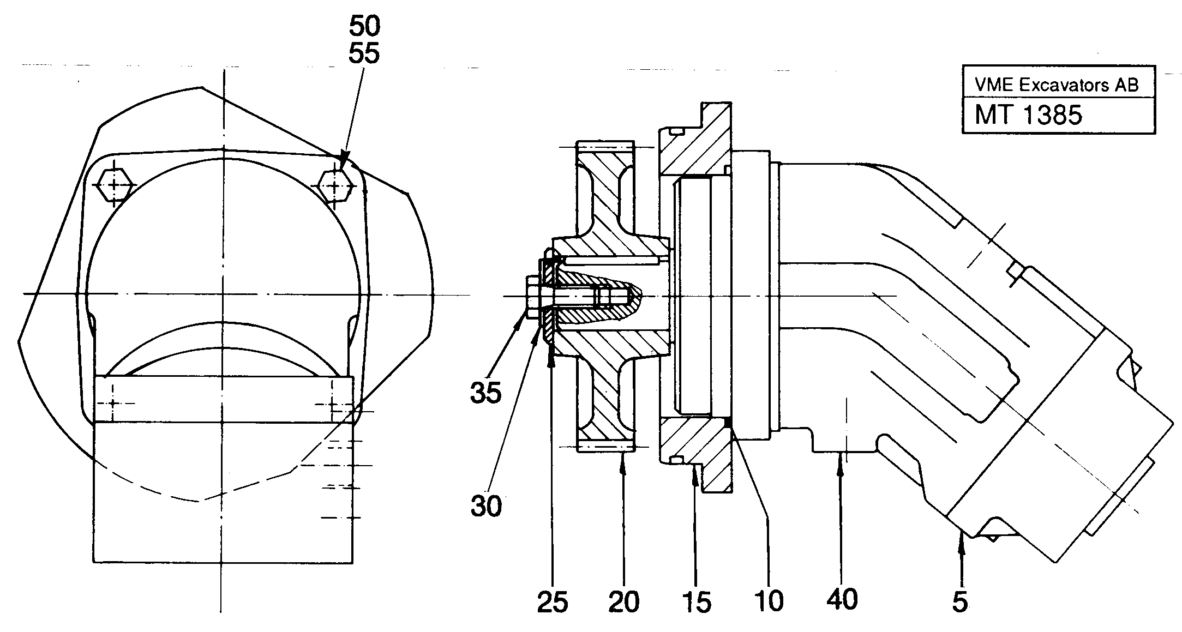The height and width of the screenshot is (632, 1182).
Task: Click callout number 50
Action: (x=364, y=26)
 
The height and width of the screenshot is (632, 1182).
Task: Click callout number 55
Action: (x=364, y=54)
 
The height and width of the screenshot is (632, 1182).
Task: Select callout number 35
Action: (x=485, y=393)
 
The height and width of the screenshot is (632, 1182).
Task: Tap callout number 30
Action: (x=486, y=507)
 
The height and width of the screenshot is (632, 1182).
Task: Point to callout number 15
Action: (x=697, y=603)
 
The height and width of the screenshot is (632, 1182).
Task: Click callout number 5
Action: (x=960, y=603)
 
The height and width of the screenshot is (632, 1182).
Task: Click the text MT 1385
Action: (x=1028, y=115)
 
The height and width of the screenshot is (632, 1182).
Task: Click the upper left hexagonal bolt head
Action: (x=113, y=185)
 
